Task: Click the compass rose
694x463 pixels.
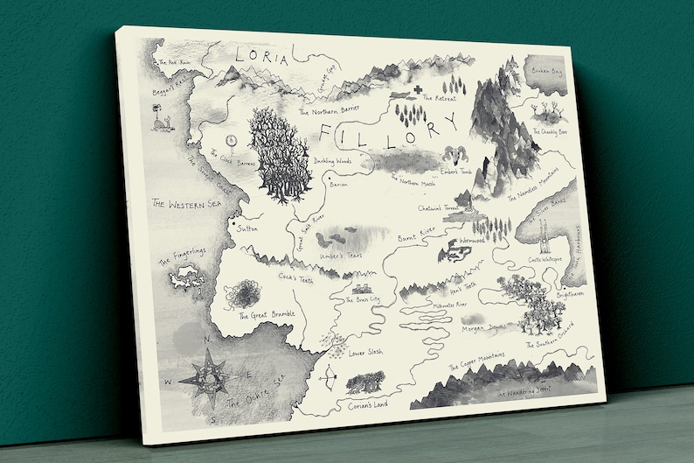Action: coord(210,373)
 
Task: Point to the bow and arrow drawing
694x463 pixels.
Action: coord(327,378)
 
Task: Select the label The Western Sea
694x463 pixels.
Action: coord(184,205)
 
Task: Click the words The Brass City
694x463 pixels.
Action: coord(363,299)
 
